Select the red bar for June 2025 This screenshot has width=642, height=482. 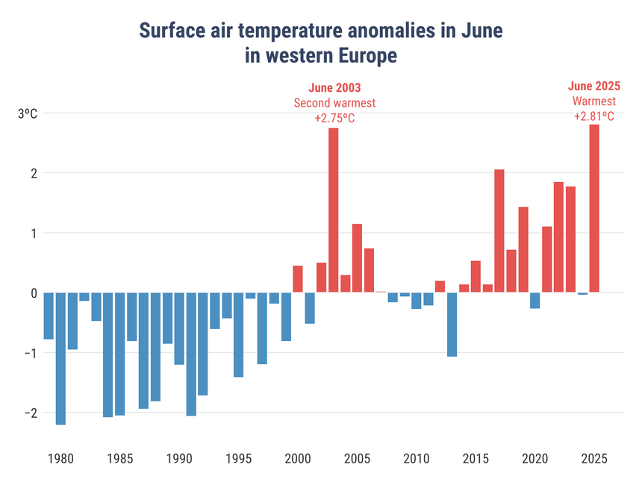coord(594,208)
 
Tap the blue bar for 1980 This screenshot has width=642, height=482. coord(60,358)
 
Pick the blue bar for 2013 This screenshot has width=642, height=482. coord(452,324)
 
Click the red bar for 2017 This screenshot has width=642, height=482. coord(499,231)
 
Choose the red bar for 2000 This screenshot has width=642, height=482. coord(298,279)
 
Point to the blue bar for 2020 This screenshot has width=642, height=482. coord(535,300)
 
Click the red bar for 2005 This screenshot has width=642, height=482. coord(357,257)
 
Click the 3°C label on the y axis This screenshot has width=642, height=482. coord(28,113)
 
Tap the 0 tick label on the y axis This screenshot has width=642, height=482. coord(33,292)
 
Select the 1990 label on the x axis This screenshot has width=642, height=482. coord(179,457)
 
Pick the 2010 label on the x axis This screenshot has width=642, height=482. coord(417,457)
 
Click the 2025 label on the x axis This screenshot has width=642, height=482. coord(594,457)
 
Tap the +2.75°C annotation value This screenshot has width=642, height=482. coord(334,119)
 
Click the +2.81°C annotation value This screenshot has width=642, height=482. coord(594,116)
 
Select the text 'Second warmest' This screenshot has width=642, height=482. coord(334,103)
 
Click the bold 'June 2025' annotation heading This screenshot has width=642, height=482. coord(594,86)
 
